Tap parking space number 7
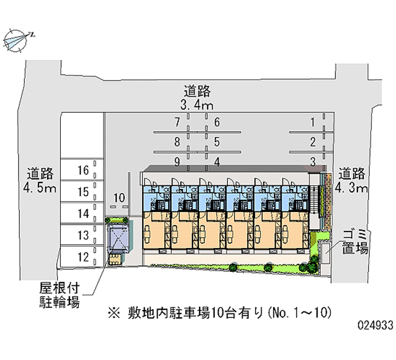177,122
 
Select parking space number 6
217,122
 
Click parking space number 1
313,122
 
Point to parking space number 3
313,161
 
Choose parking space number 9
177,161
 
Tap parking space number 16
83,170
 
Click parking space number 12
83,256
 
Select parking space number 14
83,213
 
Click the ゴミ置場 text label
354,241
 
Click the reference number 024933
375,326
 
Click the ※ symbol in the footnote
111,313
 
